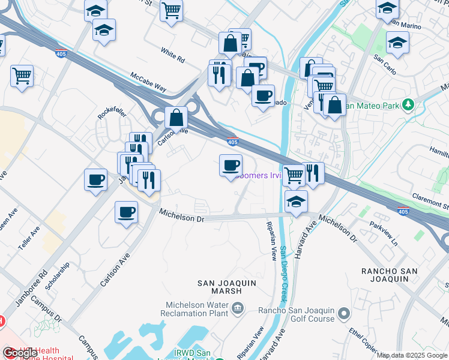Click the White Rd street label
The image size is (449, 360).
click(x=173, y=55)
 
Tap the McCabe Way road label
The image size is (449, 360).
click(x=148, y=82)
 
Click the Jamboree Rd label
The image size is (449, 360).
click(x=31, y=289)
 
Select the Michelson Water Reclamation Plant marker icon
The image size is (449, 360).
click(x=238, y=308)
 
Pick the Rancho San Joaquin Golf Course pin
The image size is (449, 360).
click(x=344, y=313)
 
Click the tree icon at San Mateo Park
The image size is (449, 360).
click(x=408, y=105)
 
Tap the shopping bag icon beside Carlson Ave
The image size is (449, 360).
click(x=177, y=117)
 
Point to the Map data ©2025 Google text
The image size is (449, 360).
click(x=412, y=355)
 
